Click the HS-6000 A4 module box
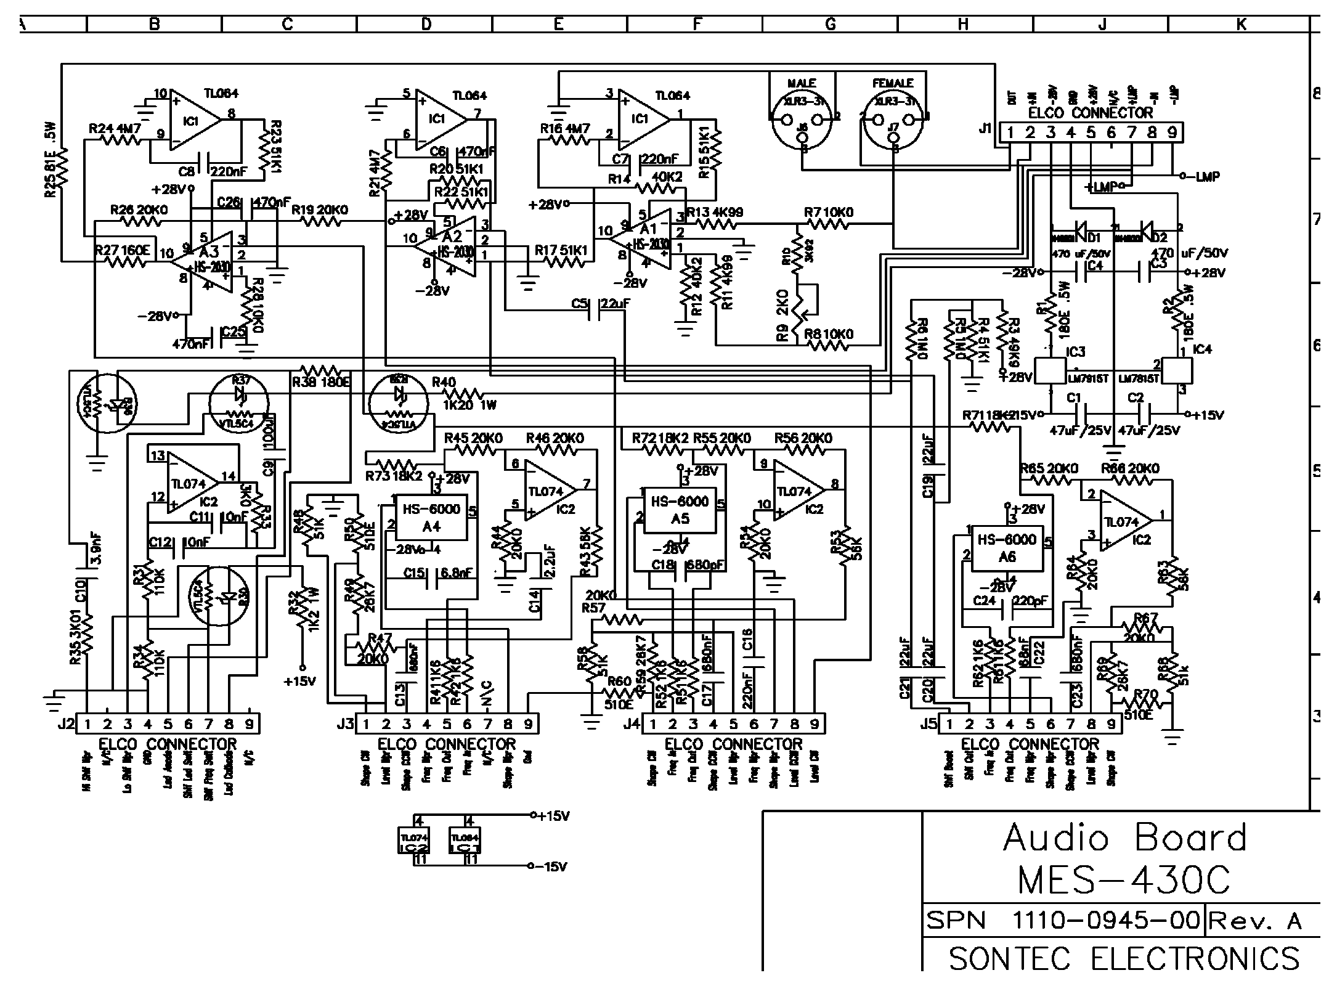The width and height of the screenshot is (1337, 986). point(431,516)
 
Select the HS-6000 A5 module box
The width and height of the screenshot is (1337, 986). point(680,510)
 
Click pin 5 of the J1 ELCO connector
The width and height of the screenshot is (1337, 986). point(1091,132)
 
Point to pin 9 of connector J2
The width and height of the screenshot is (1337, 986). point(249,724)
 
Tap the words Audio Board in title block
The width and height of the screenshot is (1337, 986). point(1124,839)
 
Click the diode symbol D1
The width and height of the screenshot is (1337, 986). point(1082,229)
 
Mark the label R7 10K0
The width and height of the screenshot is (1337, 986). point(829,213)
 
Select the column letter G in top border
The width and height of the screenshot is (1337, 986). point(830,24)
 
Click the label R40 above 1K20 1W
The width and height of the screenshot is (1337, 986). point(444,382)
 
